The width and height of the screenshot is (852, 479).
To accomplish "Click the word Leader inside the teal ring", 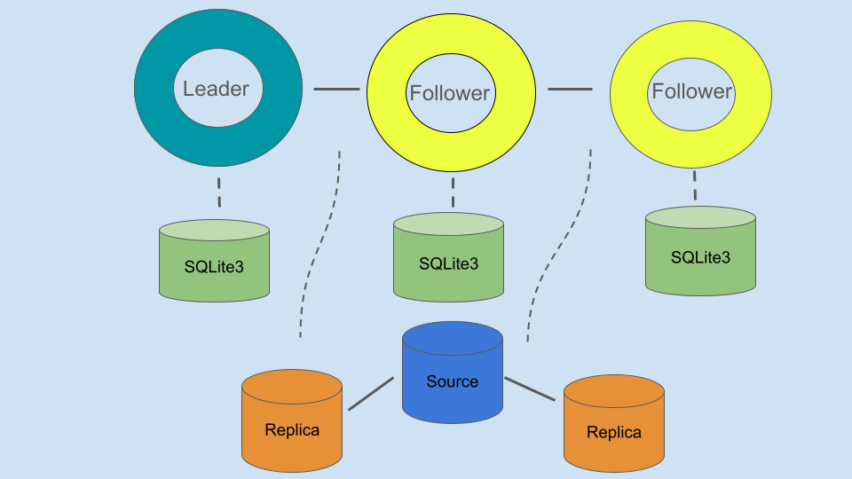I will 217,89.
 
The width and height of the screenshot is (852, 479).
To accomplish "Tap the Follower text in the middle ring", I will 450,93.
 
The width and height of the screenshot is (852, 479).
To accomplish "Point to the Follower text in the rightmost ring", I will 692,91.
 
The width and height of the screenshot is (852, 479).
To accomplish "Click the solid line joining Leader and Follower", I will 336,89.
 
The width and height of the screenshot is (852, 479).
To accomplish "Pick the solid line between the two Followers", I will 570,89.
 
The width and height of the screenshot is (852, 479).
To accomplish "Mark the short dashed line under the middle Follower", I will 453,192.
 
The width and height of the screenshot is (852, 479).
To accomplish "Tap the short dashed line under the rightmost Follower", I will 694,186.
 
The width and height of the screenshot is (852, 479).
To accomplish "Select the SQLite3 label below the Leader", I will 214,266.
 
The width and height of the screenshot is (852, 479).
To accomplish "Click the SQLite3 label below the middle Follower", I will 448,263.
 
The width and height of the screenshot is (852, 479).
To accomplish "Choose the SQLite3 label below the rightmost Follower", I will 700,257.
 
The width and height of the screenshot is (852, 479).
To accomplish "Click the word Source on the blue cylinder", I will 452,381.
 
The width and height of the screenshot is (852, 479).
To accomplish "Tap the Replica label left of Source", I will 292,430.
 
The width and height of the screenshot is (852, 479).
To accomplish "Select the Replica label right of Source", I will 614,433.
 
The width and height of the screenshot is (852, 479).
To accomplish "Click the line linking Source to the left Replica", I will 370,394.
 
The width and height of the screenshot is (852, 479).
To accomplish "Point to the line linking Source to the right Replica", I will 530,389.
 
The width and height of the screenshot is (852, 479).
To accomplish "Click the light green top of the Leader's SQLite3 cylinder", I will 214,231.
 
